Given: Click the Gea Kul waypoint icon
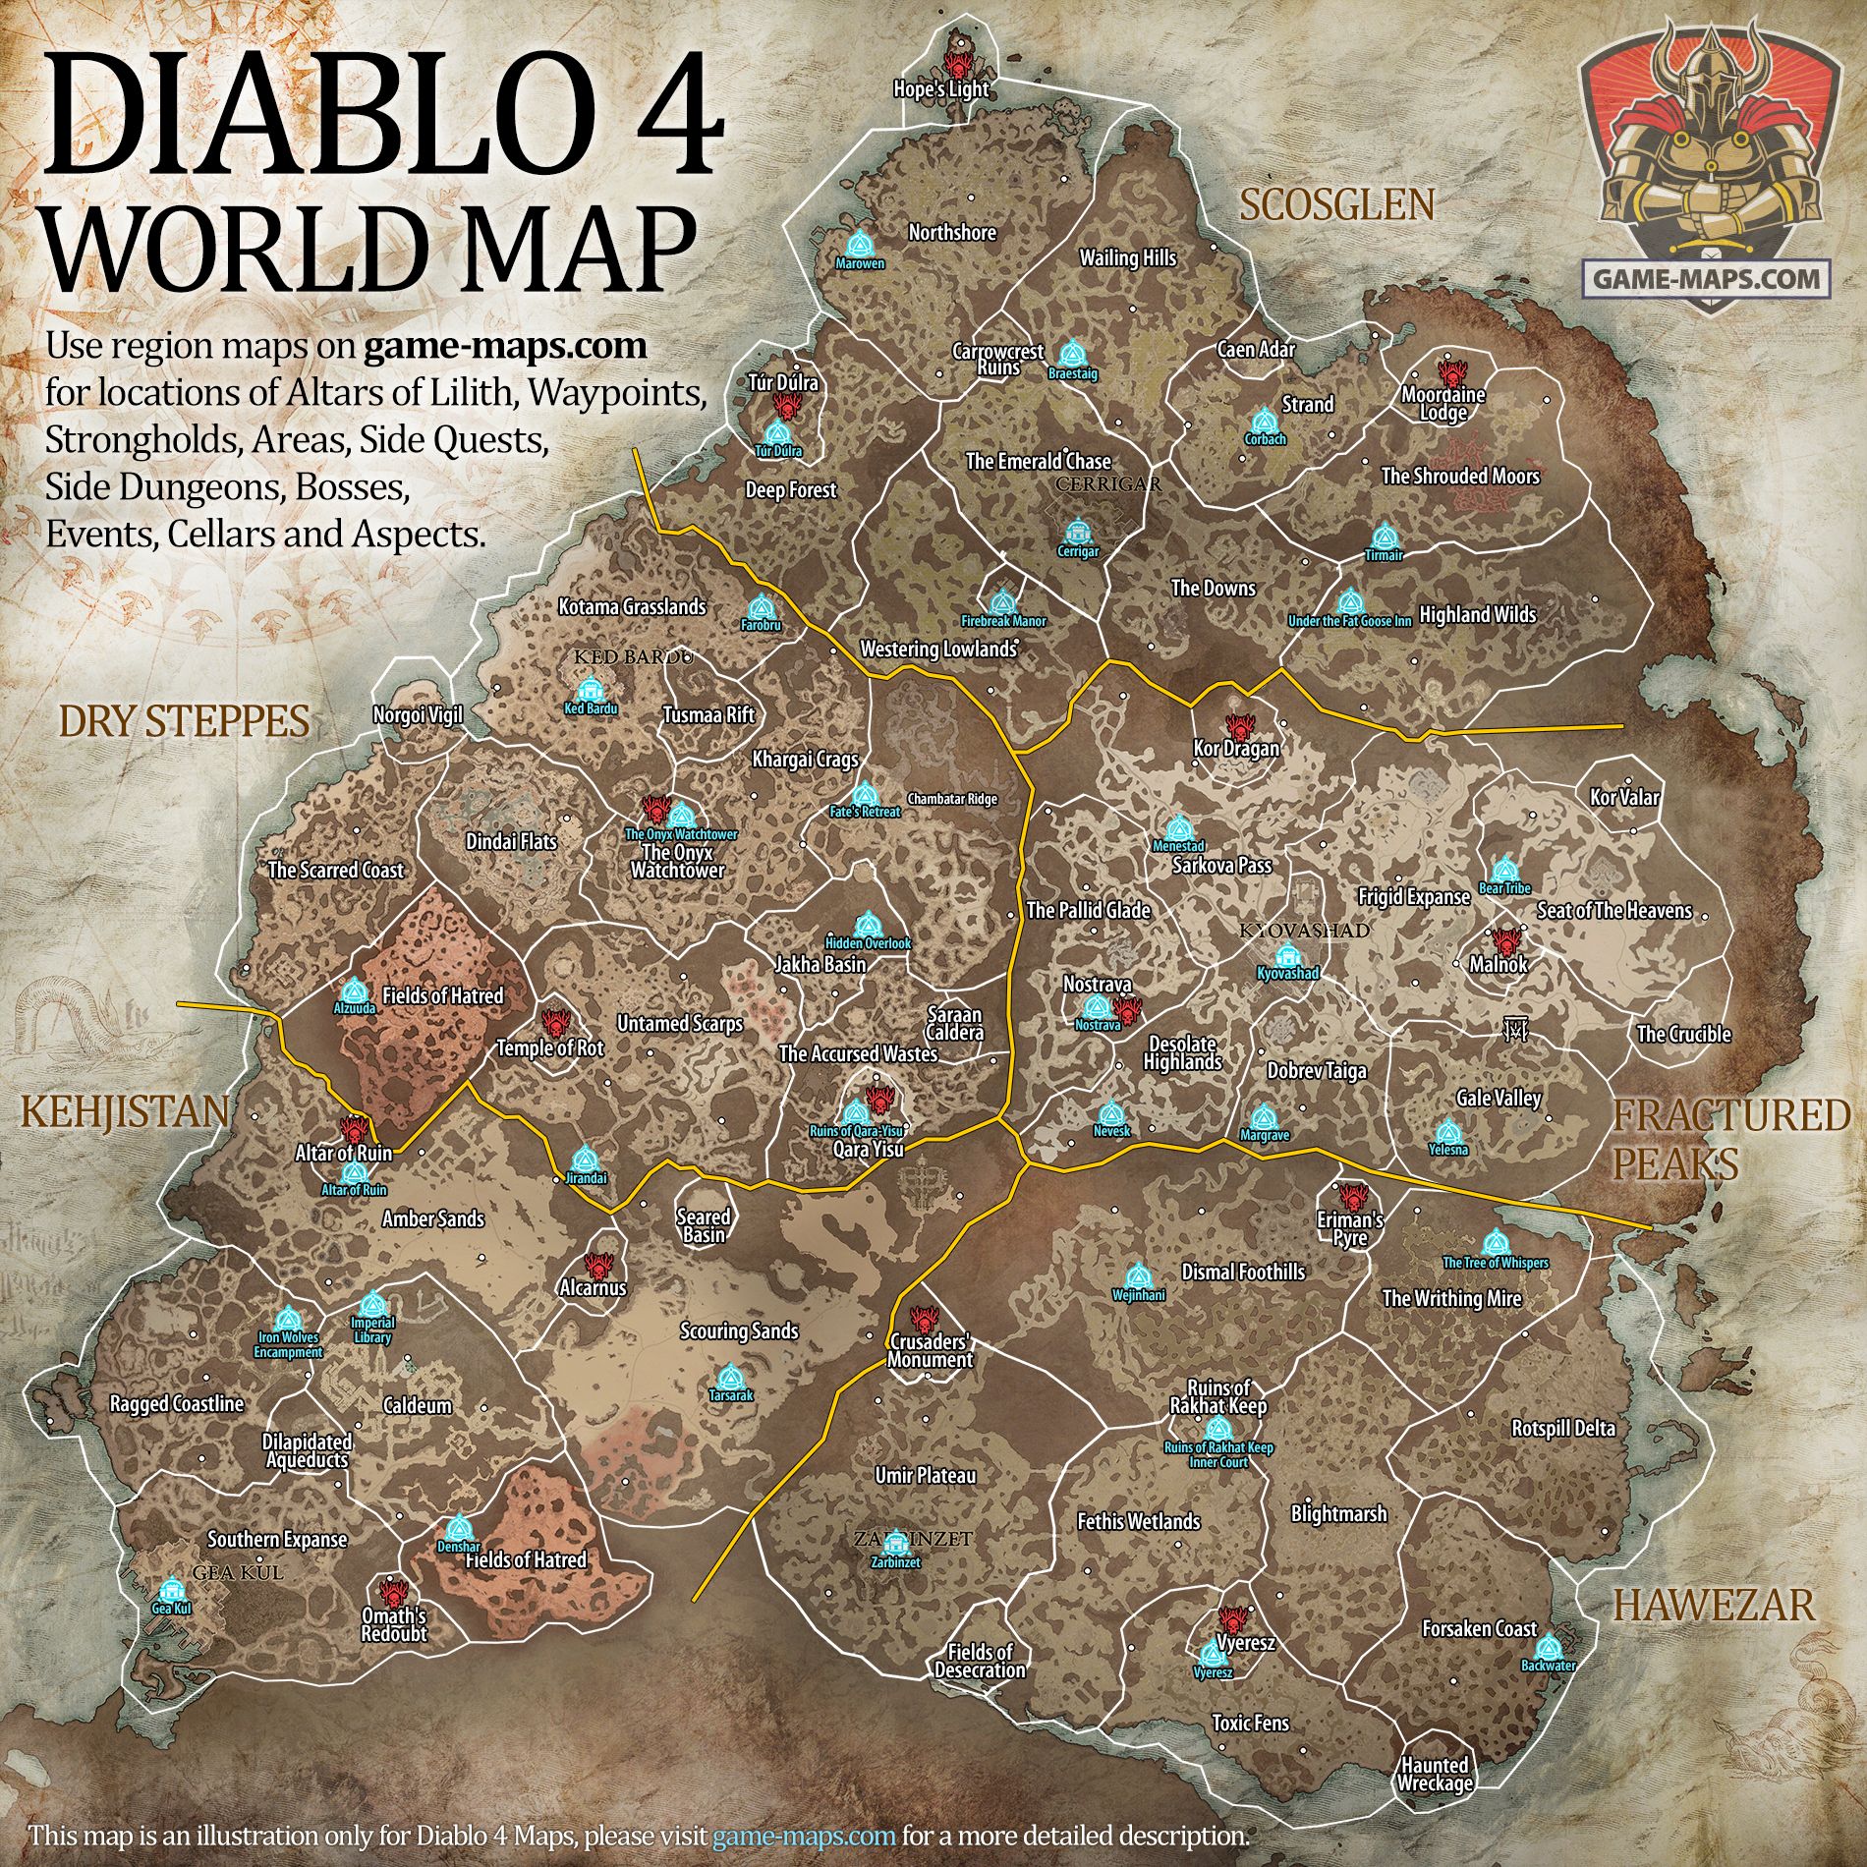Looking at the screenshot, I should [172, 1590].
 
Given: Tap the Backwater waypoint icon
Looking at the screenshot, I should [1549, 1646].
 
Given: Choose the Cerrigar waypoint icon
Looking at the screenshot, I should [1079, 533].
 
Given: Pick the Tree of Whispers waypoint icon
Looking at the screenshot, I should [1495, 1243].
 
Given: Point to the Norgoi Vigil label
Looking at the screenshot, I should [418, 716].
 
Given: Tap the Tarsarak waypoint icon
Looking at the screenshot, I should [727, 1378].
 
